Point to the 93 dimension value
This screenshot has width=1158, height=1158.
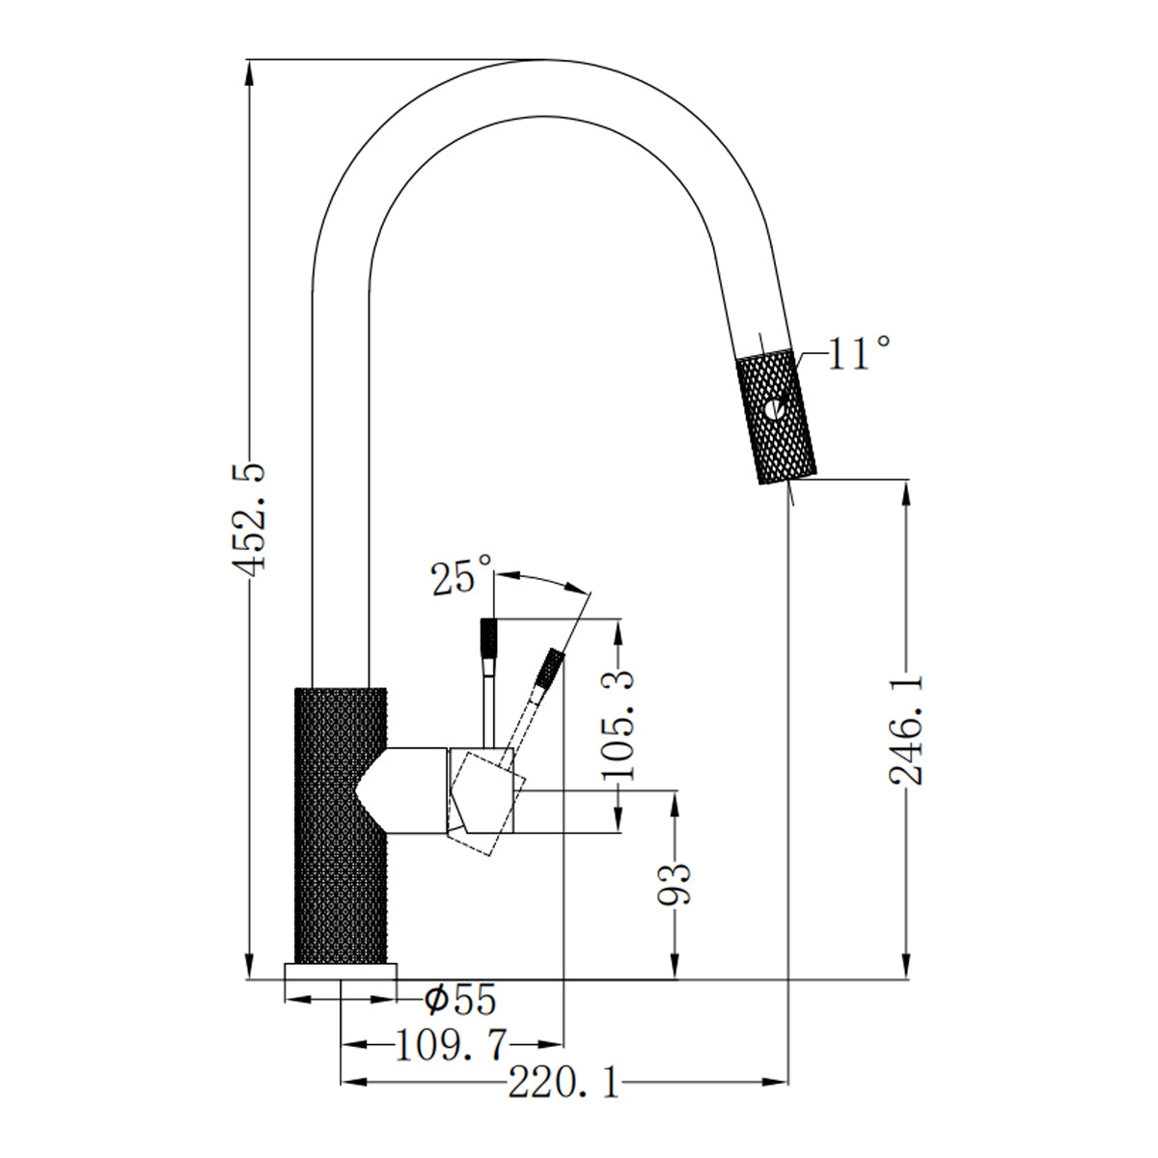[x=675, y=883]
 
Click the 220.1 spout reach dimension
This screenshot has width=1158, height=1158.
[x=565, y=1084]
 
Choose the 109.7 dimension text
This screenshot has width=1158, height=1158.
[x=451, y=1045]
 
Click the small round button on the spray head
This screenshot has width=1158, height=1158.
[x=773, y=409]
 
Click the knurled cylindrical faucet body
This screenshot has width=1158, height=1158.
[x=340, y=825]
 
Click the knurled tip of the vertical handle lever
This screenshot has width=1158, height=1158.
[x=489, y=637]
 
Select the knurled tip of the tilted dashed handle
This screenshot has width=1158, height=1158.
[x=550, y=668]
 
